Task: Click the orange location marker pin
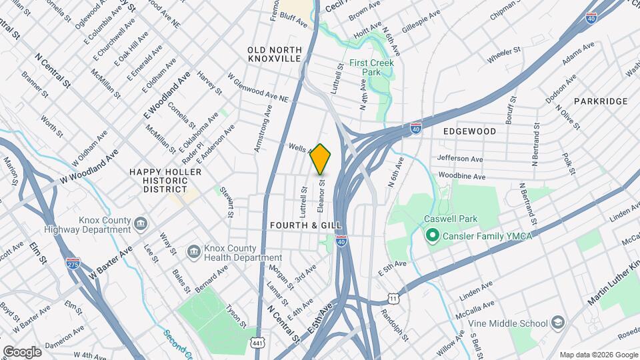321,159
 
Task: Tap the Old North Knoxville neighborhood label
274,55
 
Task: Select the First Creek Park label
372,67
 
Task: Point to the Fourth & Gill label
297,226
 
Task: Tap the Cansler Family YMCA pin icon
431,235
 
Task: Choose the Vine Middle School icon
557,323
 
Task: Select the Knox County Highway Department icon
141,222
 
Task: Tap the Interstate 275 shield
73,264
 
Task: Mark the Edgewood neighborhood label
470,131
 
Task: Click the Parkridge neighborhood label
601,101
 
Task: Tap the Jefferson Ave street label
460,159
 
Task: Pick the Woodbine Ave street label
461,176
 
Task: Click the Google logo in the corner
22,351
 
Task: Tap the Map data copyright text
598,355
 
